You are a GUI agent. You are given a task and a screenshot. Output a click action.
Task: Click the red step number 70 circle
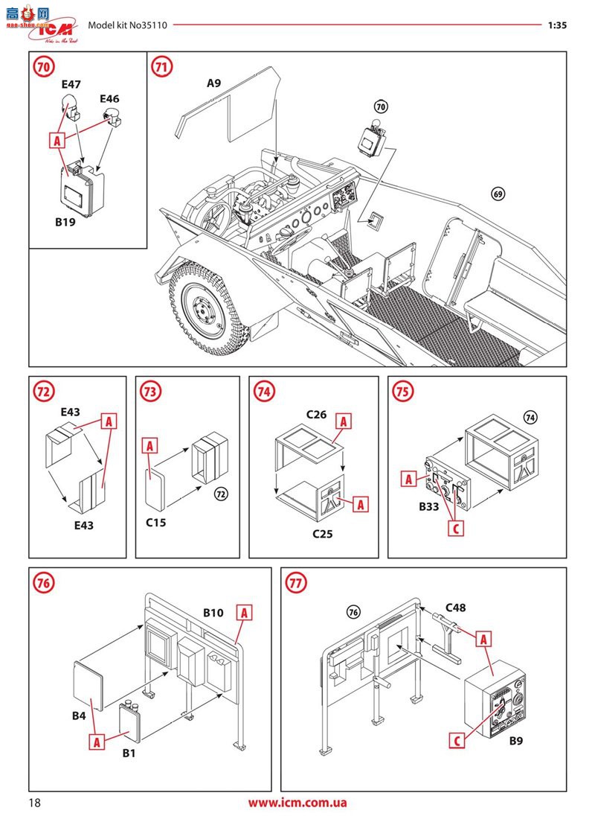pos(44,67)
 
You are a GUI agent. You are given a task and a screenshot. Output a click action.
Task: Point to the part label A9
pos(213,83)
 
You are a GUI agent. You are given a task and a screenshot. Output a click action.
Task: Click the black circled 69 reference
pos(498,195)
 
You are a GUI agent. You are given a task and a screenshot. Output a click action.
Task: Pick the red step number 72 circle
pos(44,391)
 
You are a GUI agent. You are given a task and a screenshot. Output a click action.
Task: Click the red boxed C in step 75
pos(458,528)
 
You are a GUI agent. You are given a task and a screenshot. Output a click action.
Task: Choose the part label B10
pos(213,613)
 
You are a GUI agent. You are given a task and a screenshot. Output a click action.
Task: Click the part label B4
pos(80,716)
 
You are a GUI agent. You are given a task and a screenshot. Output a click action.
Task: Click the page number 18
pos(35,803)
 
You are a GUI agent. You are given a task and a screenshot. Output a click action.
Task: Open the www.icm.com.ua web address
pos(297,803)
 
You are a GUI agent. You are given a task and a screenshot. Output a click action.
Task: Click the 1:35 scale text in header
pos(557,25)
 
